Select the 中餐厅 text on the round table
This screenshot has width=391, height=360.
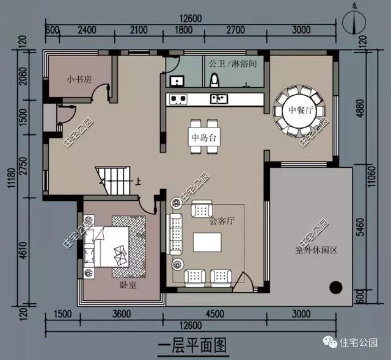(301, 110)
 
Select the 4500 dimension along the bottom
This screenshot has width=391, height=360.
(216, 315)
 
